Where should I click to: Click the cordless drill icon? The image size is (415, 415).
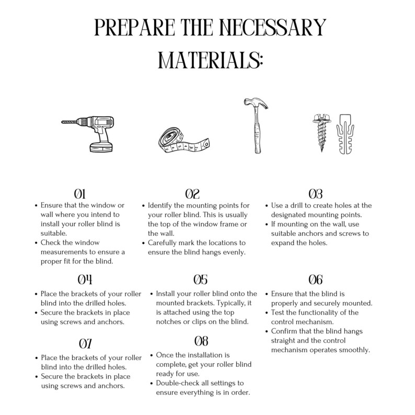[x=88, y=134]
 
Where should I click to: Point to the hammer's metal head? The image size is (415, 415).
[x=255, y=103]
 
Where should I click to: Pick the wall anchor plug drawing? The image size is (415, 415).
[x=345, y=134]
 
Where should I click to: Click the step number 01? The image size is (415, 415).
[x=79, y=194]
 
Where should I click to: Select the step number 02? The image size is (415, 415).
[x=192, y=194]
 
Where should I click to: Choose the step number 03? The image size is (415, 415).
[x=316, y=194]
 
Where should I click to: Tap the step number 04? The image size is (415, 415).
[x=85, y=280]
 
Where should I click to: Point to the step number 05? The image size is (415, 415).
[x=200, y=280]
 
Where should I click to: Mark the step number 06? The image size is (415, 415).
[x=316, y=280]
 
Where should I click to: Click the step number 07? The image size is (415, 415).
[x=85, y=344]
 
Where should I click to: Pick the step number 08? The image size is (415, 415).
[x=201, y=341]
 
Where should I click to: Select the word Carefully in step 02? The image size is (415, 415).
[x=162, y=243]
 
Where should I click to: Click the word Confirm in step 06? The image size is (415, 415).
[x=283, y=331]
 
